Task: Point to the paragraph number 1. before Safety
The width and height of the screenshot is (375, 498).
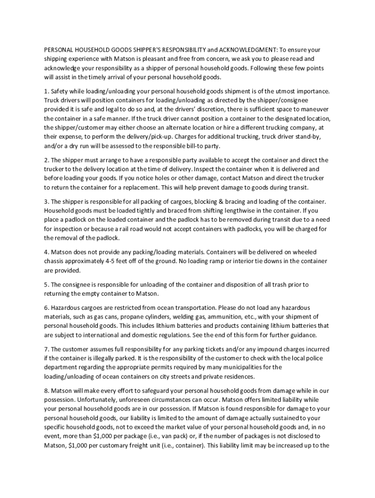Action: click(47, 91)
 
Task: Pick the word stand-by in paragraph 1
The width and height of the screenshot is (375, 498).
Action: click(306, 137)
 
